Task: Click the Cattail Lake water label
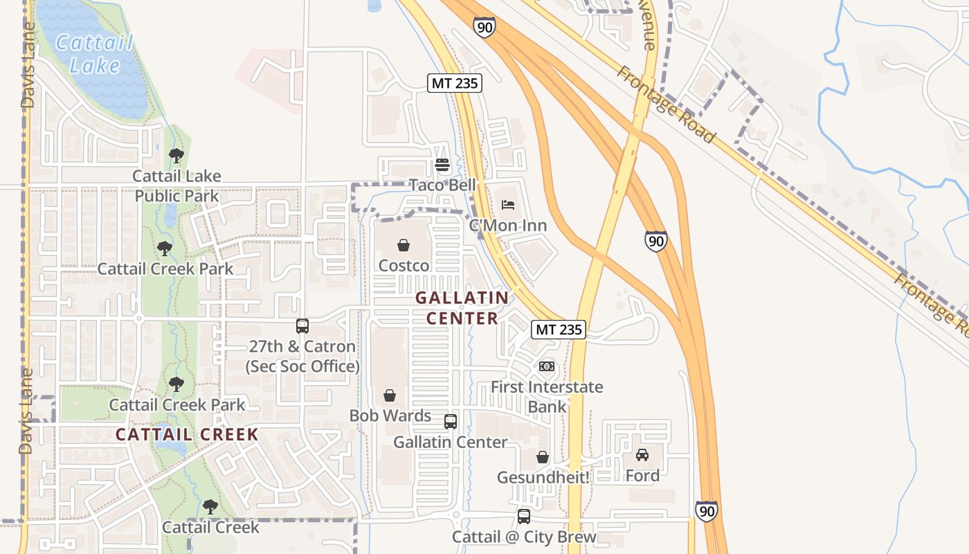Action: coord(94,54)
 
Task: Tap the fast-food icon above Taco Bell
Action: coord(442,165)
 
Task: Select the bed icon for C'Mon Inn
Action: coord(507,205)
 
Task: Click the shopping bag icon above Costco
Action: coord(404,245)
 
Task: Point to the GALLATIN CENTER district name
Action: coord(462,308)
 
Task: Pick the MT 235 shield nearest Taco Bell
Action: coord(455,83)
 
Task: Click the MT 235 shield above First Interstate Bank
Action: coord(559,330)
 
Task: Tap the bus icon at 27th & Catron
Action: coord(302,326)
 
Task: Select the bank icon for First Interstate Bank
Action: coord(547,366)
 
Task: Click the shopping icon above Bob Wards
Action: coord(390,395)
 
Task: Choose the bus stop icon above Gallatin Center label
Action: coord(451,421)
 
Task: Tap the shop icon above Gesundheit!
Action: coord(543,457)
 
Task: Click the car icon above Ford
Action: coord(642,455)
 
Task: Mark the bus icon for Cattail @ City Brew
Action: coord(524,517)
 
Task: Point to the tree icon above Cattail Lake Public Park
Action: coord(176,156)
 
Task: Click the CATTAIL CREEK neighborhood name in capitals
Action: coord(187,435)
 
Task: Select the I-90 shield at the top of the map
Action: coord(484,28)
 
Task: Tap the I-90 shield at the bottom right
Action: coord(706,511)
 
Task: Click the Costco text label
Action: coord(404,266)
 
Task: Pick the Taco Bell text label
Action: coord(442,185)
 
